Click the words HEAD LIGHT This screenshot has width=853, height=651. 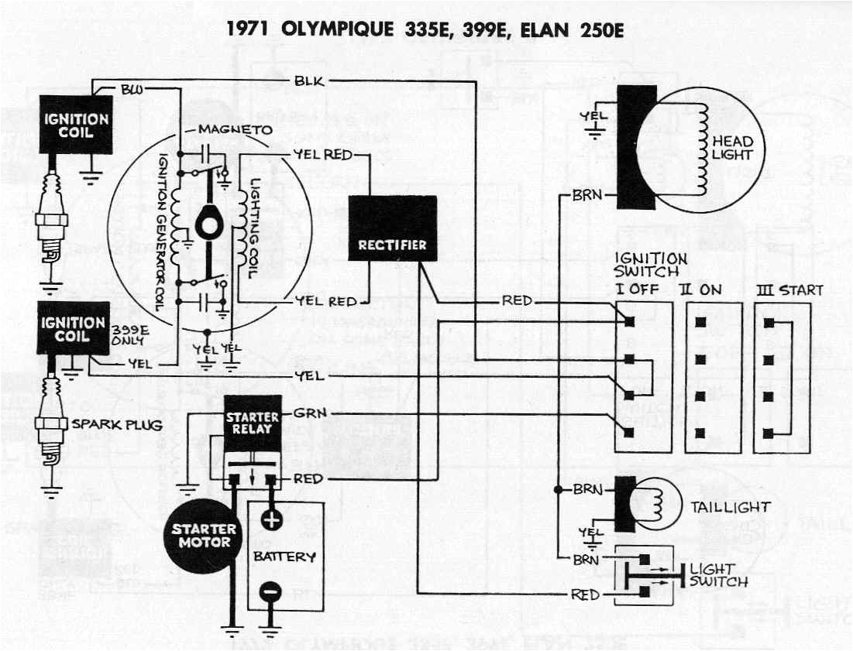click(731, 148)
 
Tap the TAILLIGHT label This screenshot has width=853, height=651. click(731, 508)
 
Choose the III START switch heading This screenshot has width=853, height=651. click(789, 290)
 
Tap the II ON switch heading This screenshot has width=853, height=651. click(701, 290)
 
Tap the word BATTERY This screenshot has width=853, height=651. click(284, 557)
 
